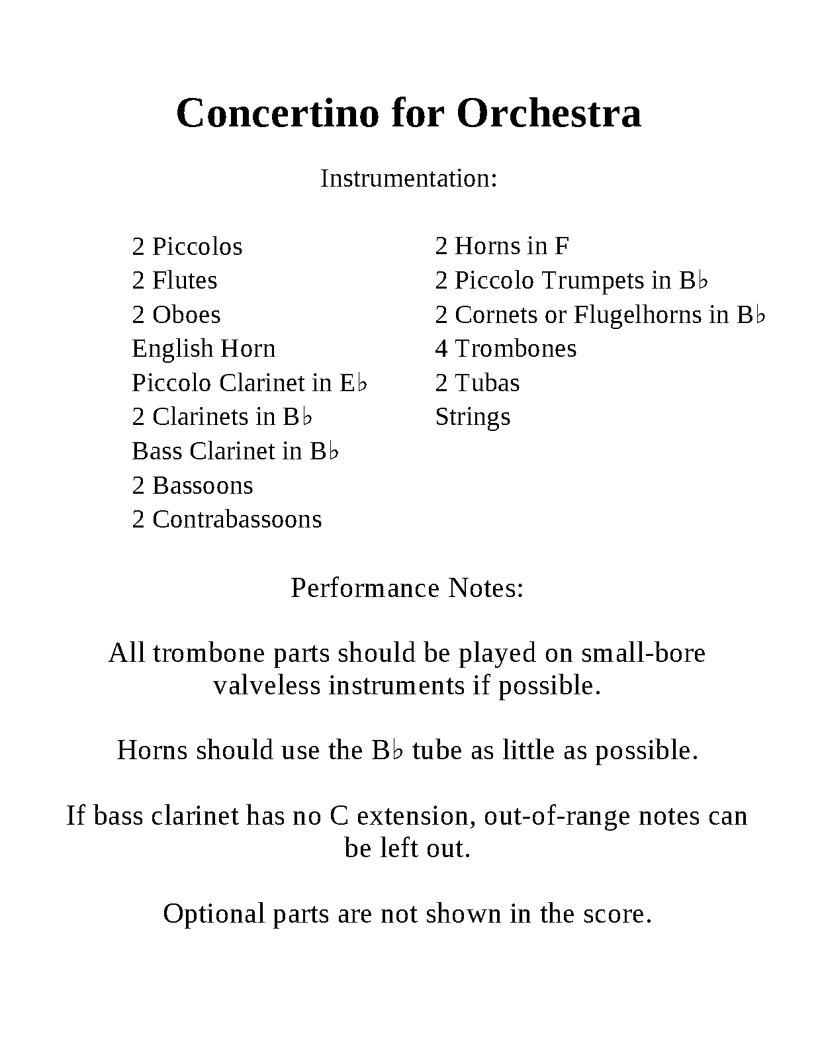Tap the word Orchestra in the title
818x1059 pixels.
(549, 113)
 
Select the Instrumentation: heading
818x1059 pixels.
(408, 179)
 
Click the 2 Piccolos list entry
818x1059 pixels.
(187, 247)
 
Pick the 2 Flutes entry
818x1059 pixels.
(175, 281)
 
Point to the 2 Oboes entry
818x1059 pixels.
(176, 315)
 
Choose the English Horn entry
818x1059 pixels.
(203, 349)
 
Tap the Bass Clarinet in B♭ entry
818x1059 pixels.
(236, 451)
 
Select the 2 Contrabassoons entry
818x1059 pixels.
(227, 520)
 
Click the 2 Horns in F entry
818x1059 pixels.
(502, 246)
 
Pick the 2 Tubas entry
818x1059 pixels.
(477, 383)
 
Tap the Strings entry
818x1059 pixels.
(473, 418)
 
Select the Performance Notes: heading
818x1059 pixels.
(407, 588)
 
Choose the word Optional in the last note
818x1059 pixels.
(214, 914)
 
